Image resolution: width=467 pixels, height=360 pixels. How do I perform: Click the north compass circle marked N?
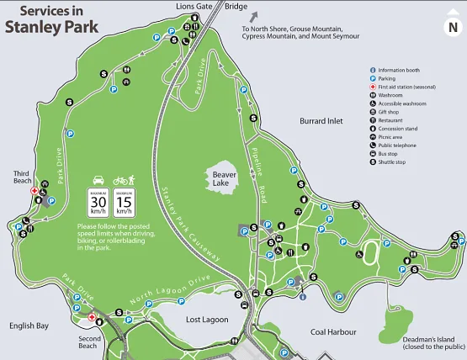pos(451,26)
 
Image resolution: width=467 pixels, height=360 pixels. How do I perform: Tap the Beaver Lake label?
pos(221,177)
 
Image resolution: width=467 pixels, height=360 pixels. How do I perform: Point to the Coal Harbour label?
pos(333,331)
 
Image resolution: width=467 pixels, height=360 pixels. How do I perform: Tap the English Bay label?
pos(29,325)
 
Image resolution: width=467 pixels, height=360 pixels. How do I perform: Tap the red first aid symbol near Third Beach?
pos(34,191)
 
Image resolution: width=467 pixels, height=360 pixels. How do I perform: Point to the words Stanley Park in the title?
pos(52,26)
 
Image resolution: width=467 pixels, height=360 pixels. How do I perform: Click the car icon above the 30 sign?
pos(98,180)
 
